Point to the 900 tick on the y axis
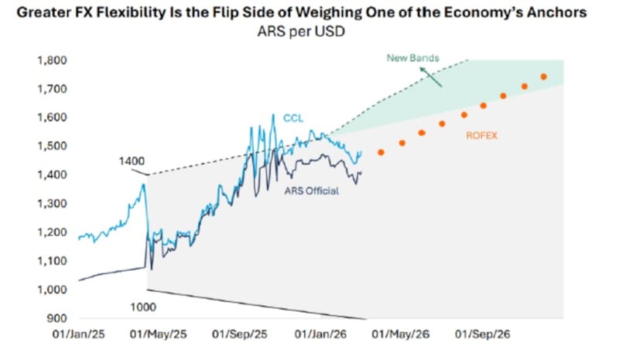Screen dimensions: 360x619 (59, 318)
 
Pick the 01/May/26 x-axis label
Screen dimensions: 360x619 (389, 337)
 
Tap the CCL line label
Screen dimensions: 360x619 (293, 118)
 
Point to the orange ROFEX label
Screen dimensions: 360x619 (481, 136)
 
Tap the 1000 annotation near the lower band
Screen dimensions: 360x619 (143, 307)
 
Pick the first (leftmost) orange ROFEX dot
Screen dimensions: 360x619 (381, 153)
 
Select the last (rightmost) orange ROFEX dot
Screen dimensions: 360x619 (543, 77)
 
